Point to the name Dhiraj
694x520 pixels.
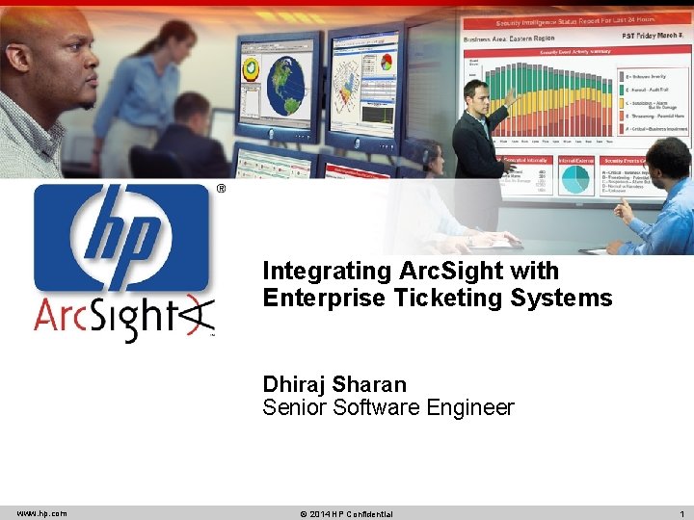coord(294,384)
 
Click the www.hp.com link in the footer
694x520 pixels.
coord(41,513)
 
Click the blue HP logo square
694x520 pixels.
coord(121,237)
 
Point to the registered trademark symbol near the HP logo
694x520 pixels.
coord(221,190)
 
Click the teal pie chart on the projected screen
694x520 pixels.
coord(576,178)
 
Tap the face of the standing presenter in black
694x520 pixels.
coord(475,95)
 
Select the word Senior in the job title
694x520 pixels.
coord(295,408)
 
